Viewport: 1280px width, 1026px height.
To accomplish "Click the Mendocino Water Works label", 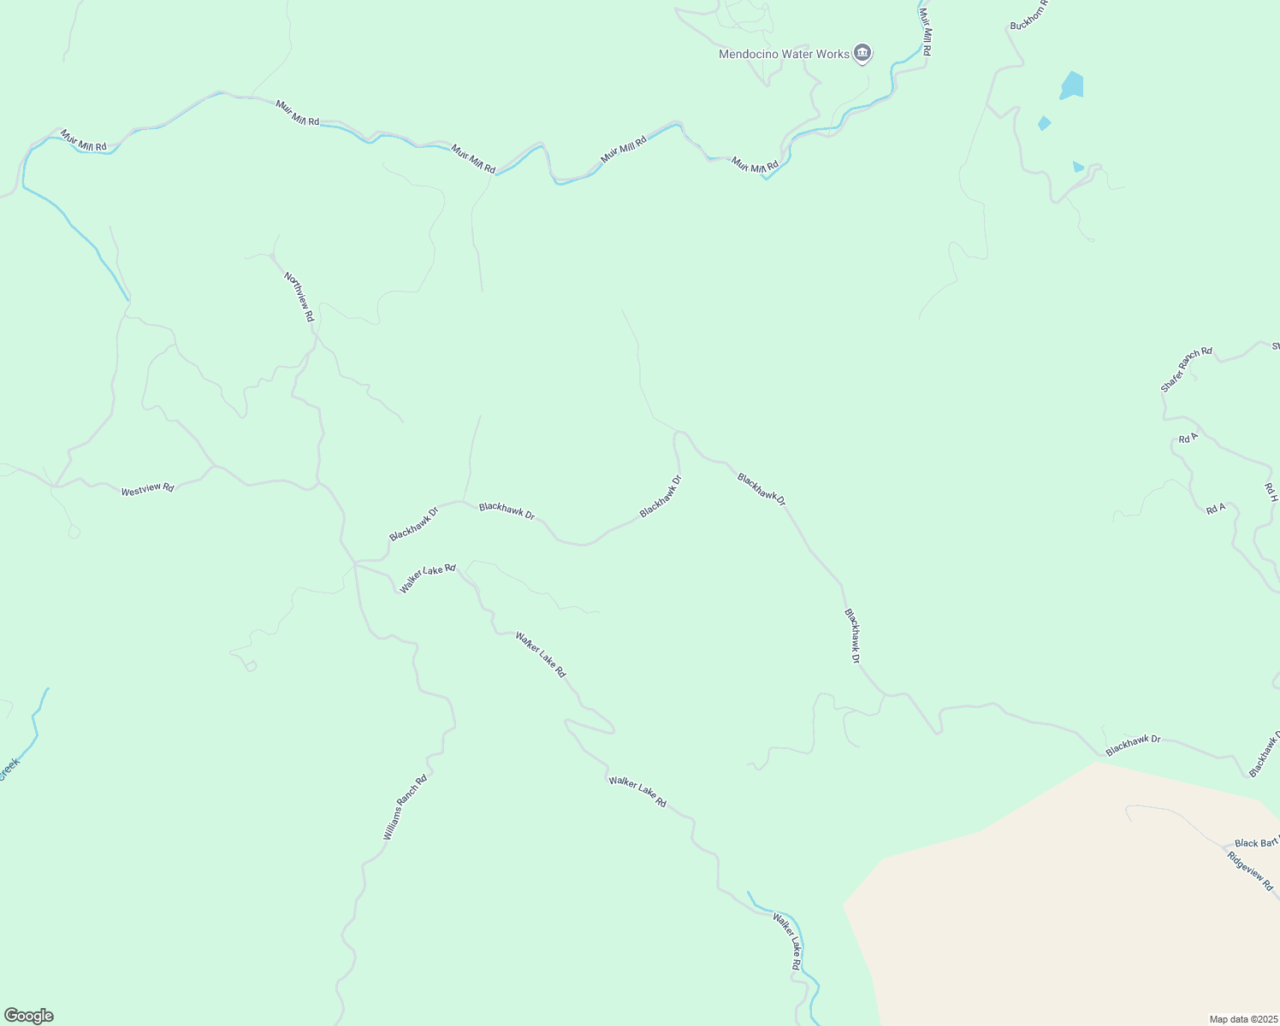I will point(784,54).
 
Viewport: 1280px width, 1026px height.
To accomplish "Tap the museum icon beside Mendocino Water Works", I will point(862,54).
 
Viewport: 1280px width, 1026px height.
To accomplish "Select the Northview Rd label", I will point(299,297).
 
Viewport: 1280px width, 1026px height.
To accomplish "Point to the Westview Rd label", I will point(147,489).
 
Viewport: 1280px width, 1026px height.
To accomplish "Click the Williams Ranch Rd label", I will point(405,807).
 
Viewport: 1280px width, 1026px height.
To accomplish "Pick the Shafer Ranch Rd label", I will point(1187,369).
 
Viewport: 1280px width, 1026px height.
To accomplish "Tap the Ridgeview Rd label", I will point(1250,871).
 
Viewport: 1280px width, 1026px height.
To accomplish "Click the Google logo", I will point(28,1016).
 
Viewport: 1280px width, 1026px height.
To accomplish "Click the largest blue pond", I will point(1072,85).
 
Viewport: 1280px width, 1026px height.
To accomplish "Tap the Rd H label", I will point(1271,492).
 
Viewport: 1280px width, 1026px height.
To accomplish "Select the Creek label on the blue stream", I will point(9,768).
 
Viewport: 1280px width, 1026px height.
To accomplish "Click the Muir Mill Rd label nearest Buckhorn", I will point(925,32).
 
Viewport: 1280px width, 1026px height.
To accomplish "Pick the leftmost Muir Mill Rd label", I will point(83,140).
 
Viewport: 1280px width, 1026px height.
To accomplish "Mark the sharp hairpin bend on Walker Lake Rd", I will point(610,729).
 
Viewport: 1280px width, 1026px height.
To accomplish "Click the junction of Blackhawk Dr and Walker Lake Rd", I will point(355,563).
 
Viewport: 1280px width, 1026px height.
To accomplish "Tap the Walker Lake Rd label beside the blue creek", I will point(786,941).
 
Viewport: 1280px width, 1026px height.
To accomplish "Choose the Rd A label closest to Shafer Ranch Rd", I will point(1188,439).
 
